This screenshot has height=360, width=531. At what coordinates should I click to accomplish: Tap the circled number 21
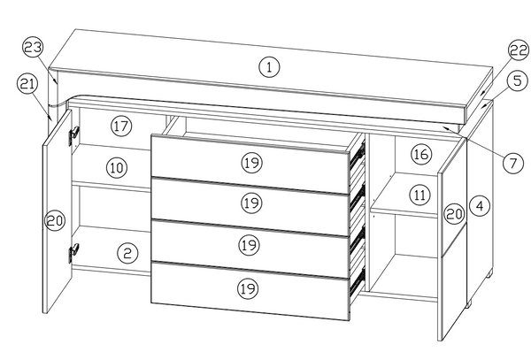coord(27,83)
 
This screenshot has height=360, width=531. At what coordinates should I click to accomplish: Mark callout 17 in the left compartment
coord(121,126)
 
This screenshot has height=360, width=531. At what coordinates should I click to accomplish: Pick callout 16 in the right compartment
coord(421,154)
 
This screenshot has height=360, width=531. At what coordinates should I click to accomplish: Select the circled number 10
coord(117,165)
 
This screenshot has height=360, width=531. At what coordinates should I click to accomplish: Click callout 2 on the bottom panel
coord(128,253)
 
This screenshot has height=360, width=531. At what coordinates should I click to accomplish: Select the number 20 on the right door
coord(453,213)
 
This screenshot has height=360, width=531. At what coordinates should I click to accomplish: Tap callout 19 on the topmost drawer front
coord(250,161)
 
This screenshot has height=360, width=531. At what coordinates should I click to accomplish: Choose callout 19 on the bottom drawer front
coord(249,287)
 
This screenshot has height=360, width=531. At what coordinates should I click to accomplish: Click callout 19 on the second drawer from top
coord(250,203)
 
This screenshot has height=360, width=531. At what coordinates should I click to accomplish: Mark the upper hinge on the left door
coord(73,133)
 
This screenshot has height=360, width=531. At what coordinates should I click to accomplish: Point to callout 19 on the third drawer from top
coord(250,244)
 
